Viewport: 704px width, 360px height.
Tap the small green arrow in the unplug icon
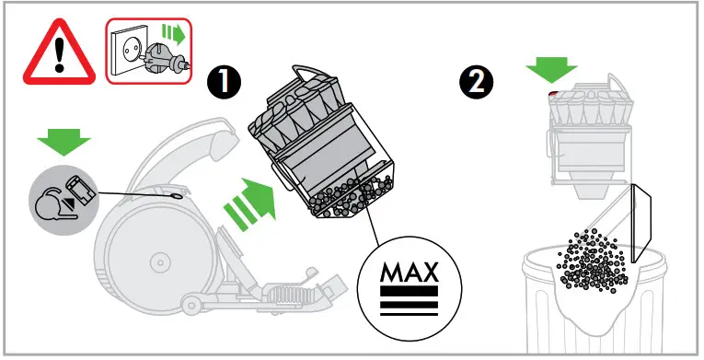click(172, 34)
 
